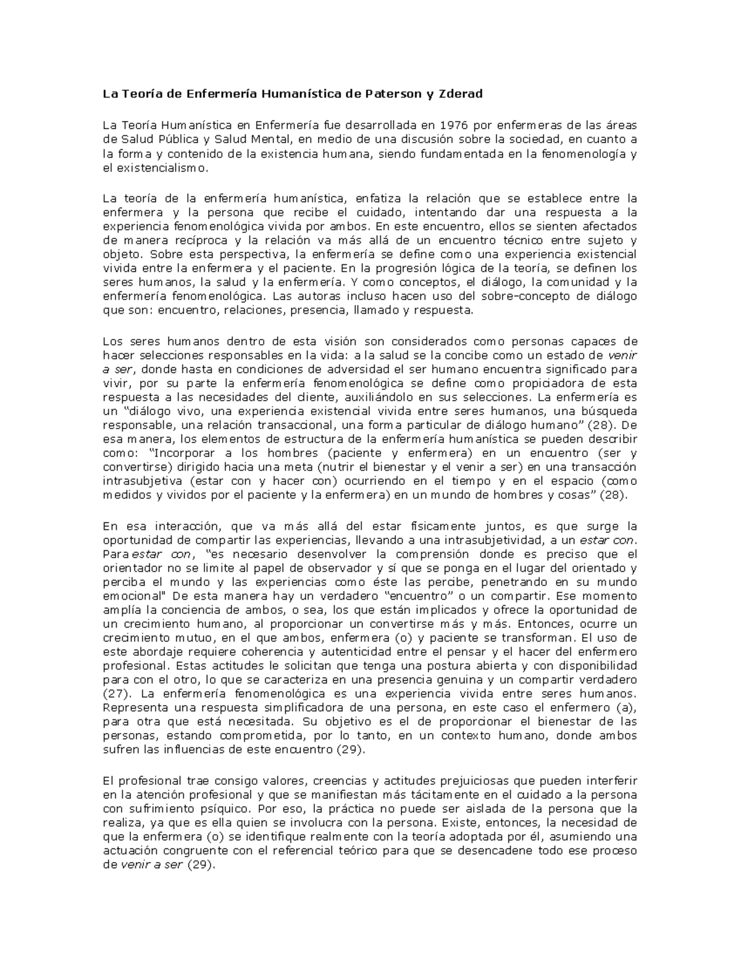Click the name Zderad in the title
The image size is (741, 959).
461,94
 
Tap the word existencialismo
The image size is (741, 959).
162,167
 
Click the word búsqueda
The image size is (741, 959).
609,411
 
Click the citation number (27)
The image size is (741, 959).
115,693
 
